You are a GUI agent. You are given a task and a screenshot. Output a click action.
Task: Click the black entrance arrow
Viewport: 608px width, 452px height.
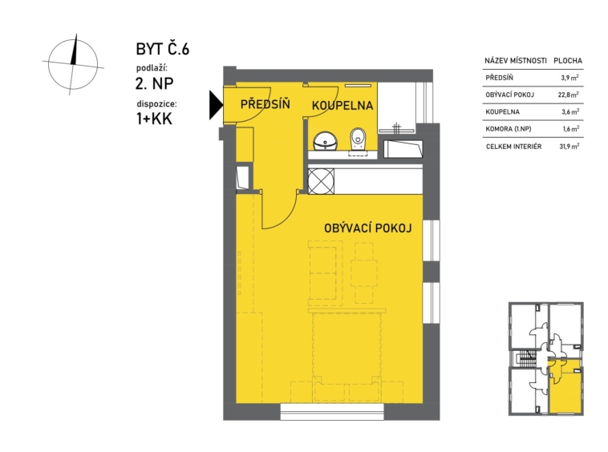tap(215, 105)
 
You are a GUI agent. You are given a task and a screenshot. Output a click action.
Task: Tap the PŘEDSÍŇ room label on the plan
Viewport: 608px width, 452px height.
tap(265, 104)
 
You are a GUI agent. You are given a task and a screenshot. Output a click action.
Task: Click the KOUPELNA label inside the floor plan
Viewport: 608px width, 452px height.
tap(343, 105)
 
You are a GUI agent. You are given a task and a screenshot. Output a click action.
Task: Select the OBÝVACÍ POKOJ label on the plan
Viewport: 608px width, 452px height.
tap(367, 228)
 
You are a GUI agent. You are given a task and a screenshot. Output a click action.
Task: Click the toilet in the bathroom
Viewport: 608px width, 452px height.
tap(358, 139)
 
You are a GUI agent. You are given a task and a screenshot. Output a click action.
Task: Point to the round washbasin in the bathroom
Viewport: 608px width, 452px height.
tap(325, 141)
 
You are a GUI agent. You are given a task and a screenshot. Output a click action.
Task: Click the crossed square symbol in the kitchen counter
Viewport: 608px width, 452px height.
tap(321, 181)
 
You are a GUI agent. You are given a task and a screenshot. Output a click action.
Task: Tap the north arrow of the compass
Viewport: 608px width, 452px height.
tap(74, 49)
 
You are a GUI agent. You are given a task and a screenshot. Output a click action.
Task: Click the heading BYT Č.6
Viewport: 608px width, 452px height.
tap(163, 49)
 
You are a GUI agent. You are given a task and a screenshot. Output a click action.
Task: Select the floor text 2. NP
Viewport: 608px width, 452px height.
tap(154, 83)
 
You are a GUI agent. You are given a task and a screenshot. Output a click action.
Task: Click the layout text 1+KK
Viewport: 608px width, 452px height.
tap(154, 119)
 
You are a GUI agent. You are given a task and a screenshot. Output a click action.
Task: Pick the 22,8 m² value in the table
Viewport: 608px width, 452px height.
tap(569, 95)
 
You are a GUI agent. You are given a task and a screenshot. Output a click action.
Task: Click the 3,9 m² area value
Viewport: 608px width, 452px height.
tap(569, 78)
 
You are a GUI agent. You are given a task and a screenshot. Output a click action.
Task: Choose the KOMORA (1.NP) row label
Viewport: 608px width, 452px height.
tap(509, 129)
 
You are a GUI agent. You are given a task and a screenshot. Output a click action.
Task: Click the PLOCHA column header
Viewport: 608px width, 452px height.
tap(568, 61)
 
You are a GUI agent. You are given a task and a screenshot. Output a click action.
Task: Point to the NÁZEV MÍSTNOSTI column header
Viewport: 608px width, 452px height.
tap(516, 61)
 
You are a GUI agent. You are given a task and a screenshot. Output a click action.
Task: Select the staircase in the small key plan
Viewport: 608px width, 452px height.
tap(525, 358)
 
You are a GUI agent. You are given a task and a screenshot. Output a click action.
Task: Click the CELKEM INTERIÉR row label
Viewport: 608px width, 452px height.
tap(514, 147)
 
